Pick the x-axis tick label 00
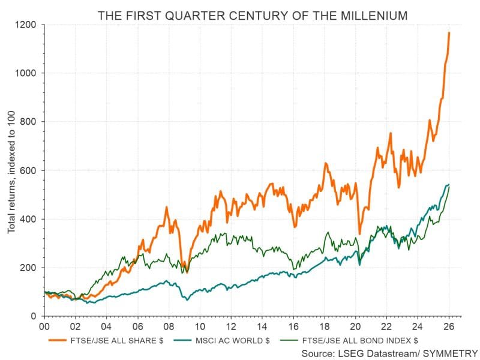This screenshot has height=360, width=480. pos(44,328)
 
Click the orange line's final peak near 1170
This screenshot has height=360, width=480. pos(449,33)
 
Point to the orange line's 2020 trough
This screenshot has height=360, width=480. pos(359,233)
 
